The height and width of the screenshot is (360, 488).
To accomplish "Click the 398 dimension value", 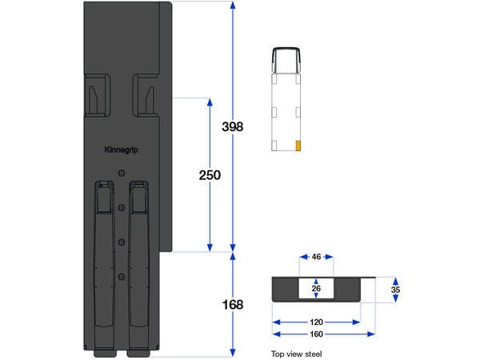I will [232, 127].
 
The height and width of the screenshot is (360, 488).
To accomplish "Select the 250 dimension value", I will [210, 174].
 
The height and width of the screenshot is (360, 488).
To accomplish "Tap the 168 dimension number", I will [232, 305].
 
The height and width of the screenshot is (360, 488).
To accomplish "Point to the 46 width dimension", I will [316, 258].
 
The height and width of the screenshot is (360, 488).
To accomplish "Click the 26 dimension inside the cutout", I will [316, 289].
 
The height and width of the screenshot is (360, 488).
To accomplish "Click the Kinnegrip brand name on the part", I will [121, 149].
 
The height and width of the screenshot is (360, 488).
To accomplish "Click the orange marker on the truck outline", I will [298, 146].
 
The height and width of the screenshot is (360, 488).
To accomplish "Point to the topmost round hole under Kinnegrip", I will [121, 173].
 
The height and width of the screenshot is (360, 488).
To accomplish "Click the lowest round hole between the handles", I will [121, 276].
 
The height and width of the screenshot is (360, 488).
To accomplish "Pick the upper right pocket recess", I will [146, 94].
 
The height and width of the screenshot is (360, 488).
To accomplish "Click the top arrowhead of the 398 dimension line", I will [232, 6].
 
